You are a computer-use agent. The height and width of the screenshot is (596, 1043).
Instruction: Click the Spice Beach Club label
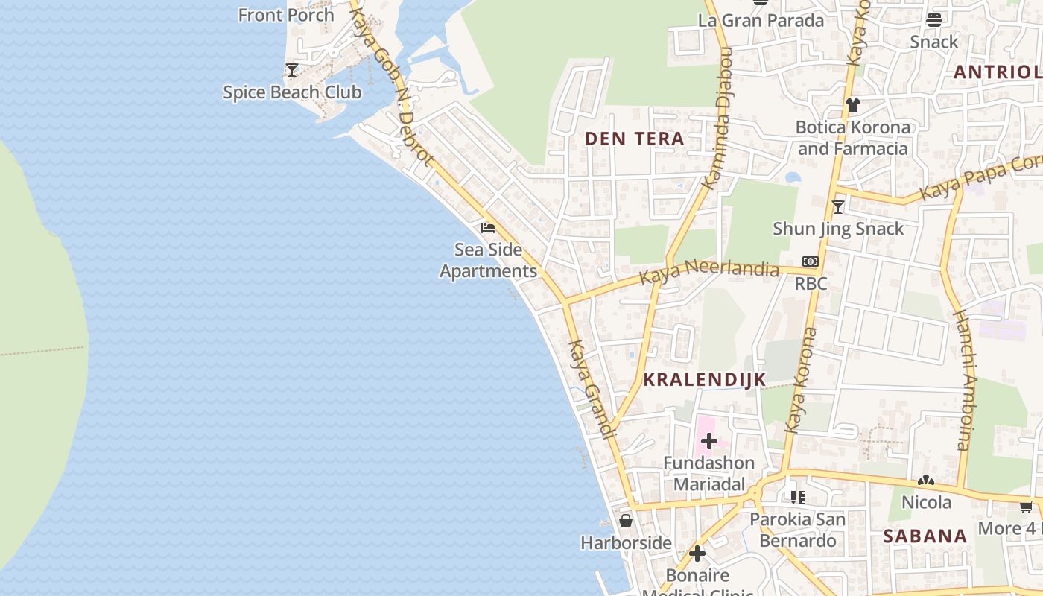(x=292, y=92)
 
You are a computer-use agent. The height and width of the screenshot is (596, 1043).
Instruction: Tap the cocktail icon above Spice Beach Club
(x=292, y=70)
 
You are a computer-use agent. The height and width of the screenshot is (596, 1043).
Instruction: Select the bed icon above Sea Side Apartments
(x=488, y=227)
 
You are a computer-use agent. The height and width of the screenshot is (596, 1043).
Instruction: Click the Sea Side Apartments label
(x=488, y=260)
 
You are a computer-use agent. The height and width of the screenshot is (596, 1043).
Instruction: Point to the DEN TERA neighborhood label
(x=634, y=139)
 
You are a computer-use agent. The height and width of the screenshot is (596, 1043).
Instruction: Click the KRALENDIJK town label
(x=704, y=379)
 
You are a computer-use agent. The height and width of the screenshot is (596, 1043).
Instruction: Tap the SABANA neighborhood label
(x=925, y=536)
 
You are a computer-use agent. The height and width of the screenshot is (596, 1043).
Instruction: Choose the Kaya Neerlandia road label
(x=709, y=270)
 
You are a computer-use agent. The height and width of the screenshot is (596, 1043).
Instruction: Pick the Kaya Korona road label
(x=801, y=380)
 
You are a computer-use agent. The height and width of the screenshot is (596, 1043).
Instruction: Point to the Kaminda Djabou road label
(x=719, y=118)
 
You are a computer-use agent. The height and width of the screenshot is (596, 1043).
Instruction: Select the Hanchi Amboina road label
(x=964, y=380)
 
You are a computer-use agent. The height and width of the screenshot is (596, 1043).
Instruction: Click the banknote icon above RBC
(x=811, y=261)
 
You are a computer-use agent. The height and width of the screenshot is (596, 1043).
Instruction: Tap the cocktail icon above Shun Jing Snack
(x=838, y=206)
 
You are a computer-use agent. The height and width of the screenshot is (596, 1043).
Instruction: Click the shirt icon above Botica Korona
(x=852, y=105)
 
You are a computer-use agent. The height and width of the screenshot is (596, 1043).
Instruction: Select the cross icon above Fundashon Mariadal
(x=708, y=441)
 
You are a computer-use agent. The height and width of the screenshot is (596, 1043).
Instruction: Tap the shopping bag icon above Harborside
(x=626, y=521)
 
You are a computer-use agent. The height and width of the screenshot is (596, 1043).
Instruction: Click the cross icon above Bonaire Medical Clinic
(x=697, y=554)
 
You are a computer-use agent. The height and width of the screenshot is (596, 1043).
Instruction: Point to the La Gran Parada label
(x=761, y=20)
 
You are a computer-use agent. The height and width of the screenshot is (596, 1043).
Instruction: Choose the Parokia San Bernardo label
(x=797, y=530)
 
